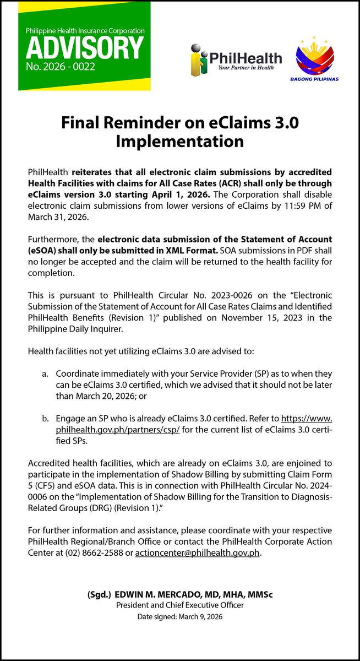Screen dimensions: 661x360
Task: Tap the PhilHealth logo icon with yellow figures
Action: (x=201, y=60)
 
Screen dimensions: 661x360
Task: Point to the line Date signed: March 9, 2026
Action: (x=180, y=617)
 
